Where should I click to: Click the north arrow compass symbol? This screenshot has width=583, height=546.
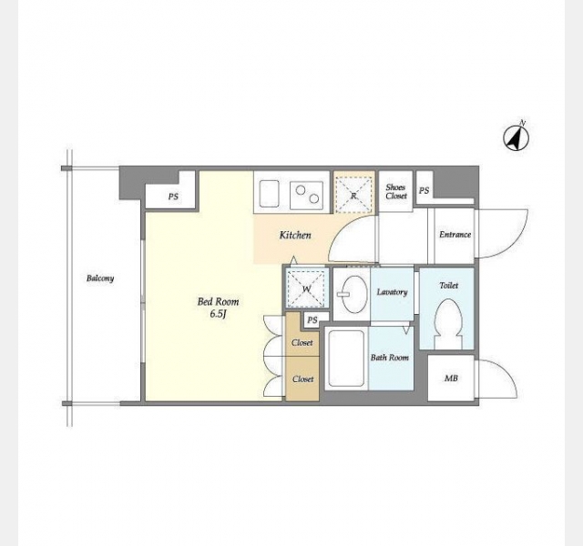pyautogui.click(x=517, y=137)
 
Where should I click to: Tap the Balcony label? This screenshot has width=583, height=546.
pyautogui.click(x=100, y=278)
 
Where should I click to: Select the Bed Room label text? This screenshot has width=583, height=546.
pyautogui.click(x=218, y=301)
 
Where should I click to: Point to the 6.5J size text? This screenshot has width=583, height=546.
pyautogui.click(x=219, y=314)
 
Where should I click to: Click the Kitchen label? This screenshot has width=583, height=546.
pyautogui.click(x=295, y=235)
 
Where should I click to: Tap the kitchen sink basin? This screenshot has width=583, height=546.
pyautogui.click(x=270, y=194)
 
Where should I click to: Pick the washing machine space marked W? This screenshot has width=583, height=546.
pyautogui.click(x=306, y=288)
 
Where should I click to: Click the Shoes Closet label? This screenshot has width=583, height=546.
pyautogui.click(x=396, y=191)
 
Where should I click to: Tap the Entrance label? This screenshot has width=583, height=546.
pyautogui.click(x=455, y=235)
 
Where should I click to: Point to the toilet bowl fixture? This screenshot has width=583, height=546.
pyautogui.click(x=448, y=324)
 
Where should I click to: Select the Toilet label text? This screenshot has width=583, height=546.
pyautogui.click(x=449, y=286)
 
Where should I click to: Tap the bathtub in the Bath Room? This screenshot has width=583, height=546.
pyautogui.click(x=346, y=358)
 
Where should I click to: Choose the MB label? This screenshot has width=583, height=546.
pyautogui.click(x=451, y=379)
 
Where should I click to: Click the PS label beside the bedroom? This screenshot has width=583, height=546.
pyautogui.click(x=173, y=197)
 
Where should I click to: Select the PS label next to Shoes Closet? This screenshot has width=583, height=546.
pyautogui.click(x=424, y=190)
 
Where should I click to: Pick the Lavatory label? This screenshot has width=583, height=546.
pyautogui.click(x=392, y=292)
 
